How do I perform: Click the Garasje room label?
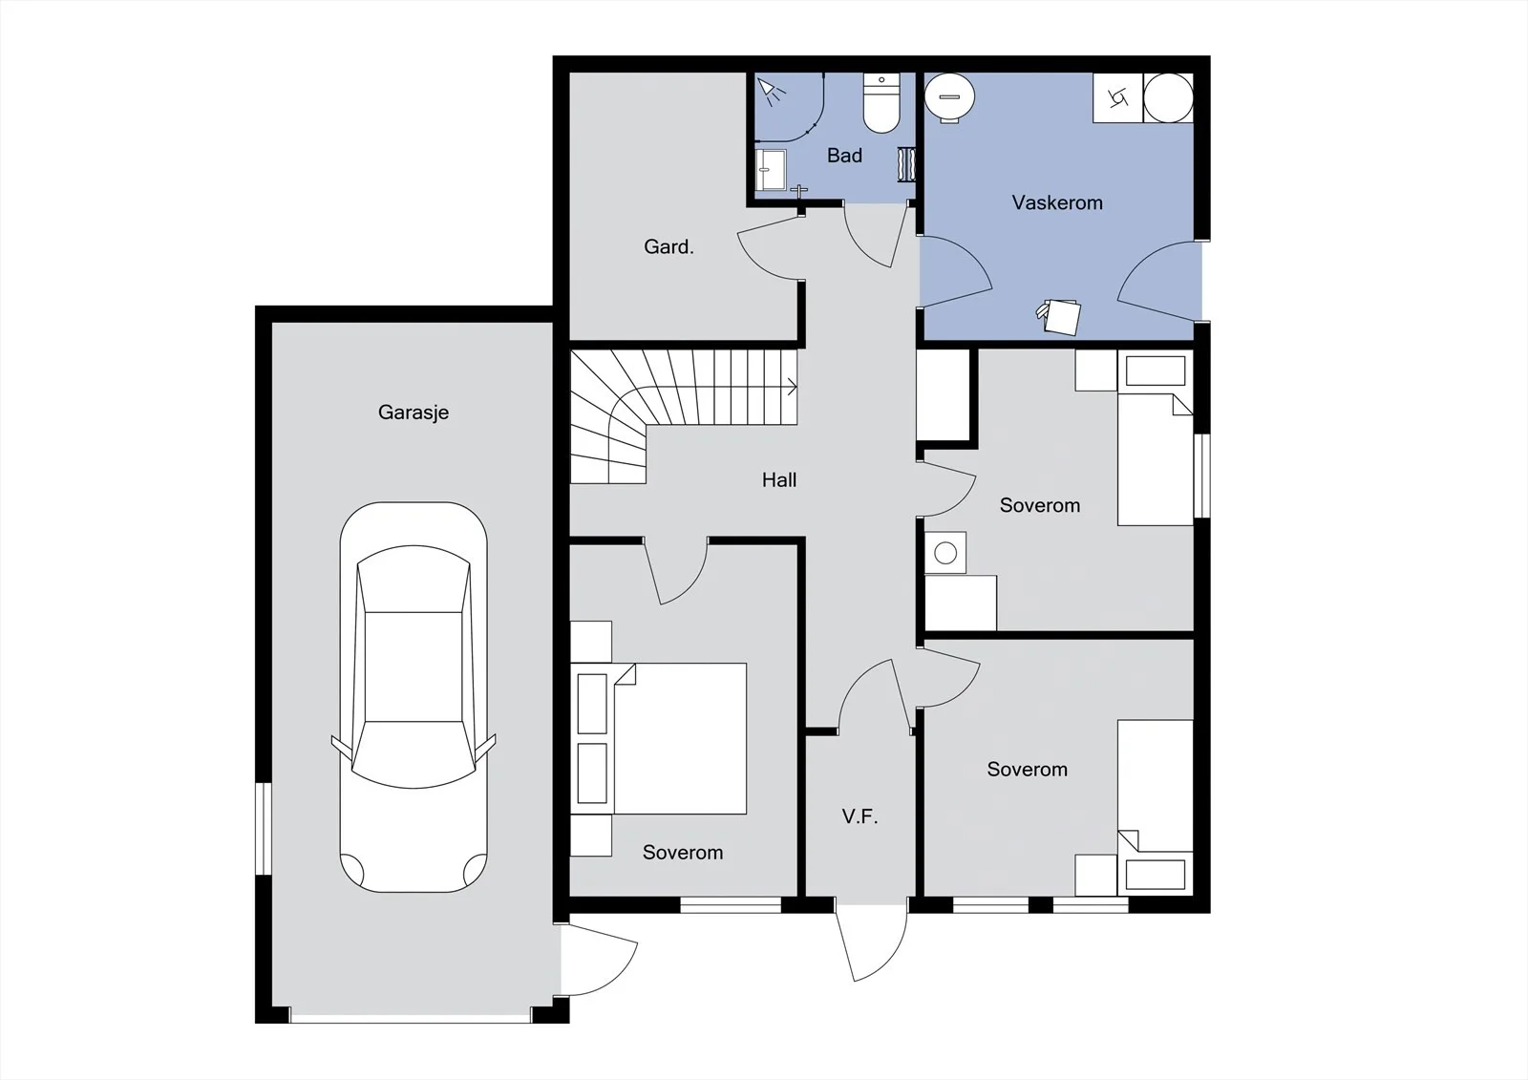pyautogui.click(x=414, y=413)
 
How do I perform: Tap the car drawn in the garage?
pyautogui.click(x=414, y=697)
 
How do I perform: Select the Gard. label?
pyautogui.click(x=668, y=246)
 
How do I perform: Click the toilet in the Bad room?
pyautogui.click(x=881, y=103)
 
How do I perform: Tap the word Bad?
pyautogui.click(x=844, y=156)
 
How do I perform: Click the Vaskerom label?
pyautogui.click(x=1057, y=202)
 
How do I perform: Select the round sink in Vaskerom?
pyautogui.click(x=949, y=98)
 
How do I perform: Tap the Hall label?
pyautogui.click(x=779, y=480)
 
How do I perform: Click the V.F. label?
pyautogui.click(x=859, y=816)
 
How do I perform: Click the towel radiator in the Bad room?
pyautogui.click(x=906, y=164)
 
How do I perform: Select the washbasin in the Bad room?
pyautogui.click(x=771, y=170)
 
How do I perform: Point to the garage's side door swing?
pyautogui.click(x=600, y=960)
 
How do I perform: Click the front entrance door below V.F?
pyautogui.click(x=873, y=942)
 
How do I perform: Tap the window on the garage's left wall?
pyautogui.click(x=263, y=828)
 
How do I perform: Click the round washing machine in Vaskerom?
pyautogui.click(x=1168, y=98)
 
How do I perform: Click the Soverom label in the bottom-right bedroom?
pyautogui.click(x=1027, y=770)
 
